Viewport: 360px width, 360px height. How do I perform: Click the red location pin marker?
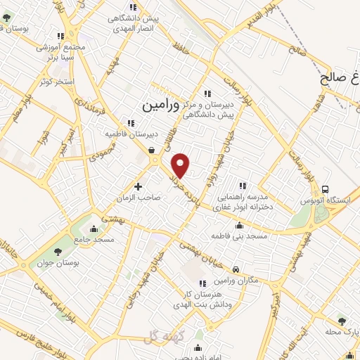[181, 165]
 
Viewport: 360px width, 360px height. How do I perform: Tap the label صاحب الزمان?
[140, 199]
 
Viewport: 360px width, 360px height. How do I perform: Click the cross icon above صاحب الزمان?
[138, 187]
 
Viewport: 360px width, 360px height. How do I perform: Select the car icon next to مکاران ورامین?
[236, 269]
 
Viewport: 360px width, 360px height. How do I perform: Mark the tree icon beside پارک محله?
[341, 319]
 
